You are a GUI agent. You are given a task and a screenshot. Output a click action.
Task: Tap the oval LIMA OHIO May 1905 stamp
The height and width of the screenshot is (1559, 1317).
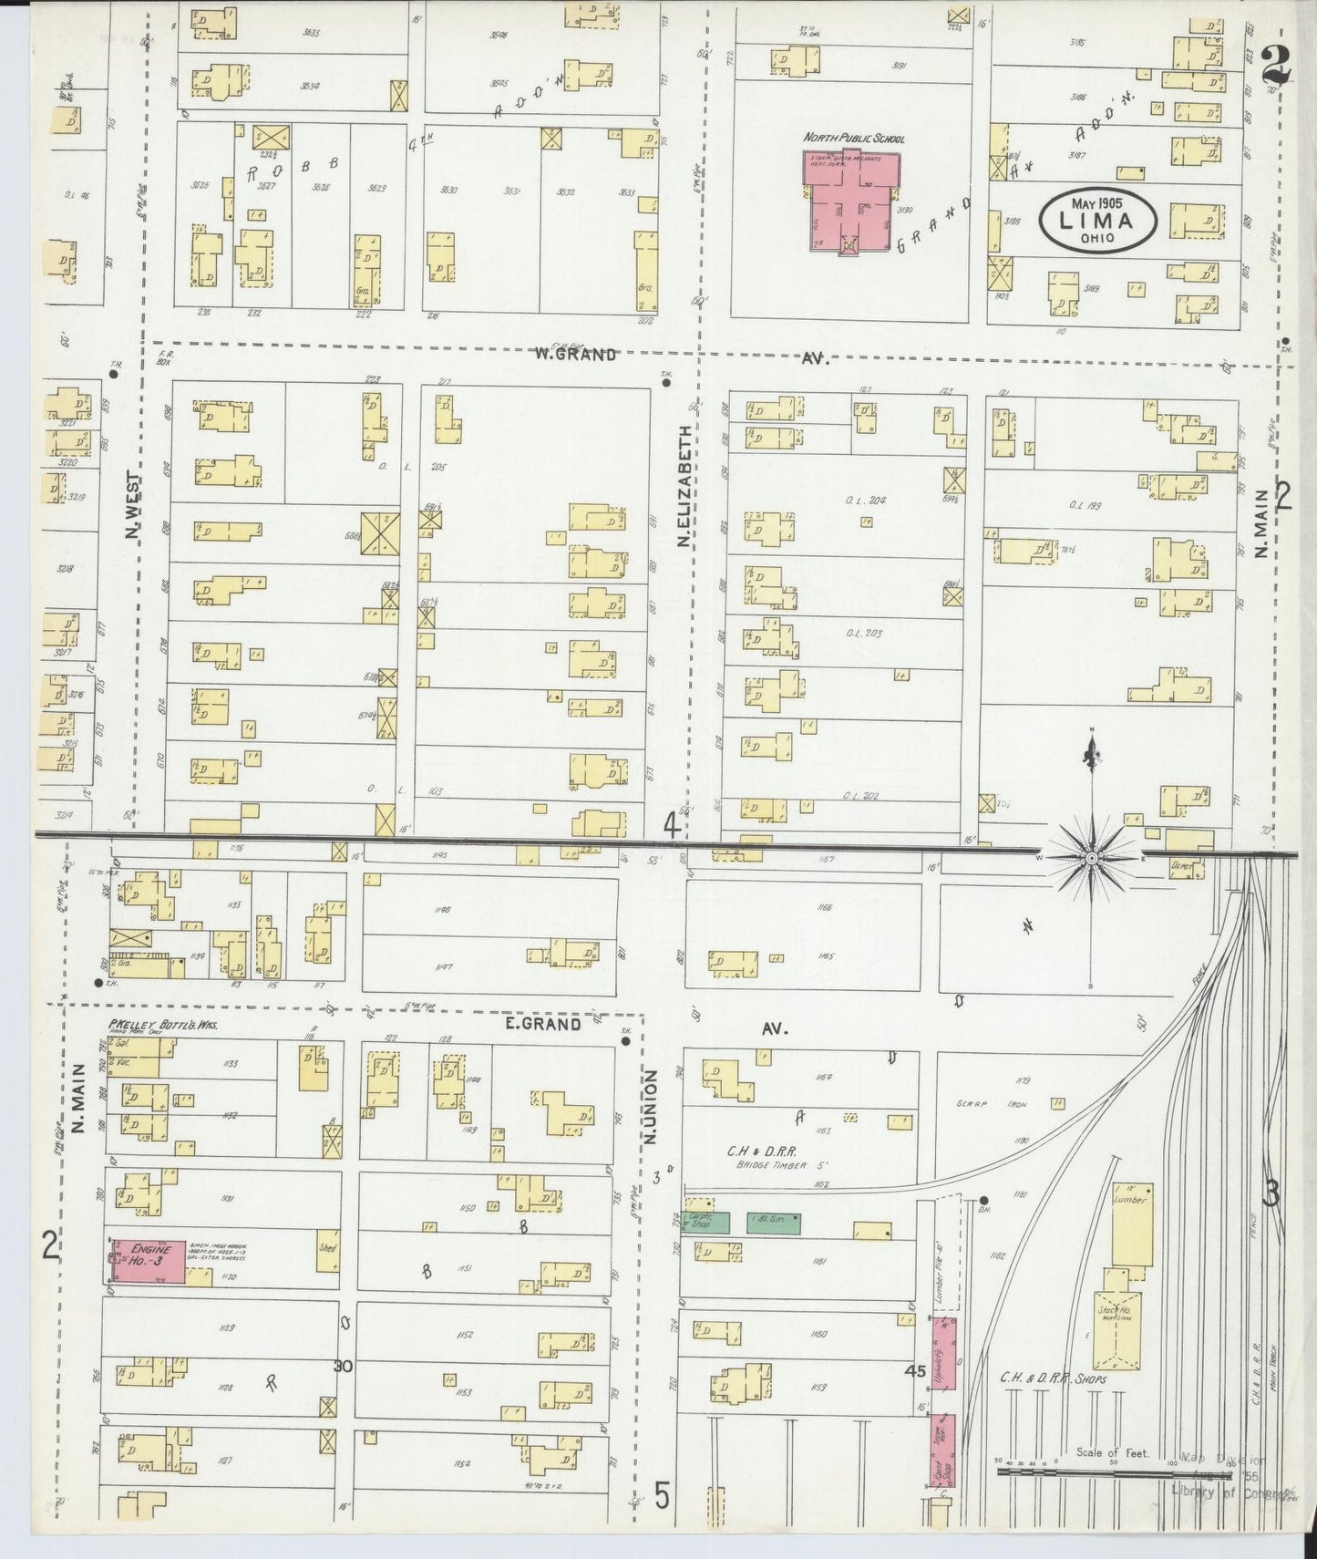point(1100,219)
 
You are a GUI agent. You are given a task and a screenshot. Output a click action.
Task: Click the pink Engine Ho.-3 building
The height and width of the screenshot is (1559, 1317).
point(146,1262)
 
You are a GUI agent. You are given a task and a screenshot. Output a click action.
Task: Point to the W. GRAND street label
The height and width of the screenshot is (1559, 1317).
point(575,355)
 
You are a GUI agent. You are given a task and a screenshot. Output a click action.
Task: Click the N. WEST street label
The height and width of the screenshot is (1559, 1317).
point(134,504)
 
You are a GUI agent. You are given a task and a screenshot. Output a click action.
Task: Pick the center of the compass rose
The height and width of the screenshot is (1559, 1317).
point(1091,858)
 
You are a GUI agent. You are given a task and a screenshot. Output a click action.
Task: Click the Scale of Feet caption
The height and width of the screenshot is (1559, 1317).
point(1112,1453)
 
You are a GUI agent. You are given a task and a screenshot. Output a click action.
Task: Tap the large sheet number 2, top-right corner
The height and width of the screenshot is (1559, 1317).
point(1277,66)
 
